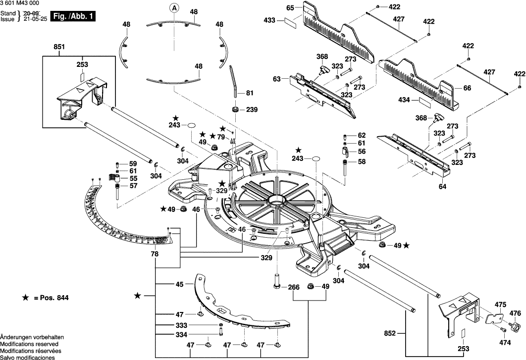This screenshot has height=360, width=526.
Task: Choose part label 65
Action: click(290, 7)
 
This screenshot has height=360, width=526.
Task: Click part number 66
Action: click(467, 88)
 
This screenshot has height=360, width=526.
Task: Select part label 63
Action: click(276, 79)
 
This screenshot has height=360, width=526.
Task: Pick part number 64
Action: click(442, 187)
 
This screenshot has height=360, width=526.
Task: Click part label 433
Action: click(270, 21)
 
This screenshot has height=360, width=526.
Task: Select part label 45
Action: click(179, 284)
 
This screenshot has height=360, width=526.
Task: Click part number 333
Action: click(181, 325)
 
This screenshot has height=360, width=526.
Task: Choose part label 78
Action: click(155, 254)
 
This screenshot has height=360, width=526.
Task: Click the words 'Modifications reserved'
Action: click(29, 344)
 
